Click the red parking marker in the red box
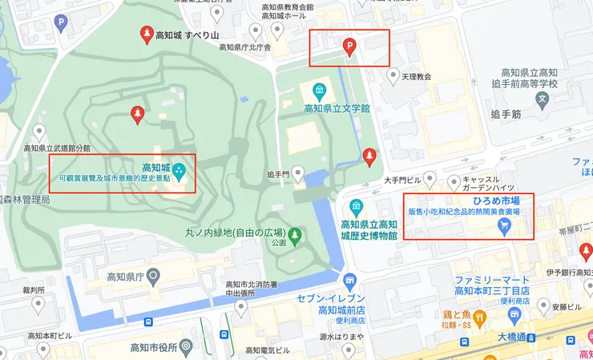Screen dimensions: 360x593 [349, 47]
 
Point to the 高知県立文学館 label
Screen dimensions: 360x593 [336, 107]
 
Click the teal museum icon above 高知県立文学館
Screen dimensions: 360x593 [319, 88]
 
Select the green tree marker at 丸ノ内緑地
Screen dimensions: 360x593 [295, 235]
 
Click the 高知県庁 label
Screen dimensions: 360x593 [129, 277]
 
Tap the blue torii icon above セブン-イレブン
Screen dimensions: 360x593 [349, 281]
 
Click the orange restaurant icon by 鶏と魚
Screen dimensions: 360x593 [480, 318]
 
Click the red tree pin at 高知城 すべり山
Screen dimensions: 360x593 [147, 33]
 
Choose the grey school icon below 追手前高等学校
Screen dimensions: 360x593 [543, 101]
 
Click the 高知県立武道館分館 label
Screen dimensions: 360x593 [57, 148]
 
